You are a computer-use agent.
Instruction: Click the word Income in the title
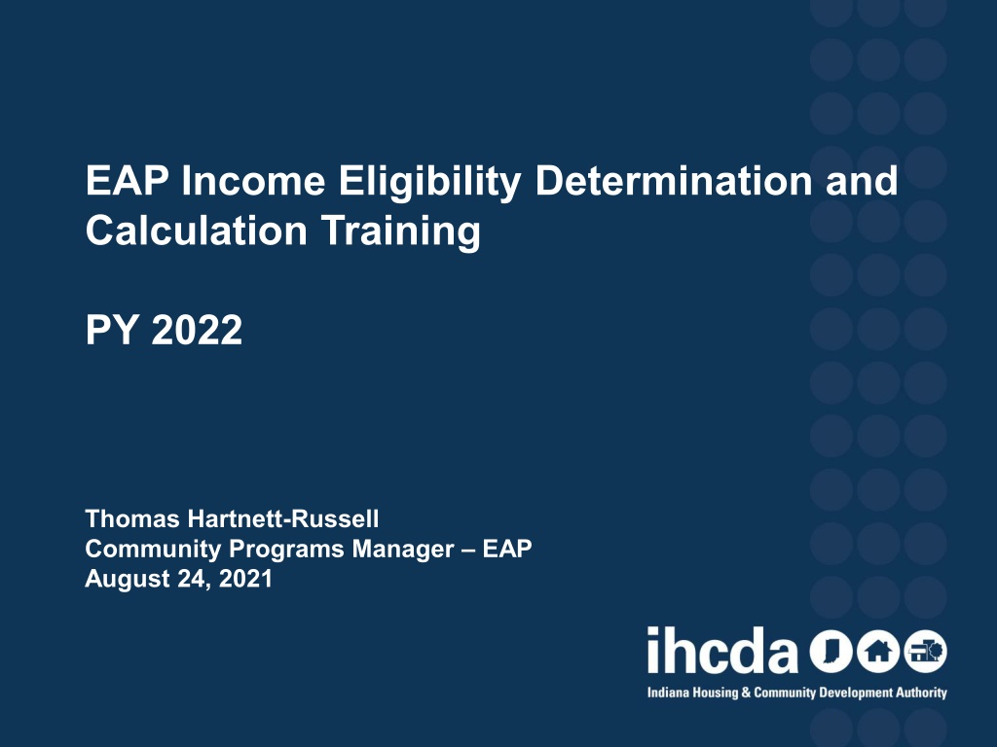[x=253, y=181]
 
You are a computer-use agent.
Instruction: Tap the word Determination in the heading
[x=674, y=180]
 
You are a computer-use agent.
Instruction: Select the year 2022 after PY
[x=197, y=330]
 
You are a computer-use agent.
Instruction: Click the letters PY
[x=112, y=330]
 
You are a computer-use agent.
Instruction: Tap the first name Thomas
[x=132, y=519]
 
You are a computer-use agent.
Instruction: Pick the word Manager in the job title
[x=403, y=549]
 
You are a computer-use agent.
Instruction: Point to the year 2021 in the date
[x=245, y=579]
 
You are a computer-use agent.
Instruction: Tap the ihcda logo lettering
[x=722, y=650]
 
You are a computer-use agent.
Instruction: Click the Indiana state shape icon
[x=831, y=652]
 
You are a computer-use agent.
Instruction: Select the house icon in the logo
[x=878, y=652]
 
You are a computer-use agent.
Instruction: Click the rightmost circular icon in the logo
[x=926, y=652]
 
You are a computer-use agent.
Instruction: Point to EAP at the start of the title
[x=128, y=181]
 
